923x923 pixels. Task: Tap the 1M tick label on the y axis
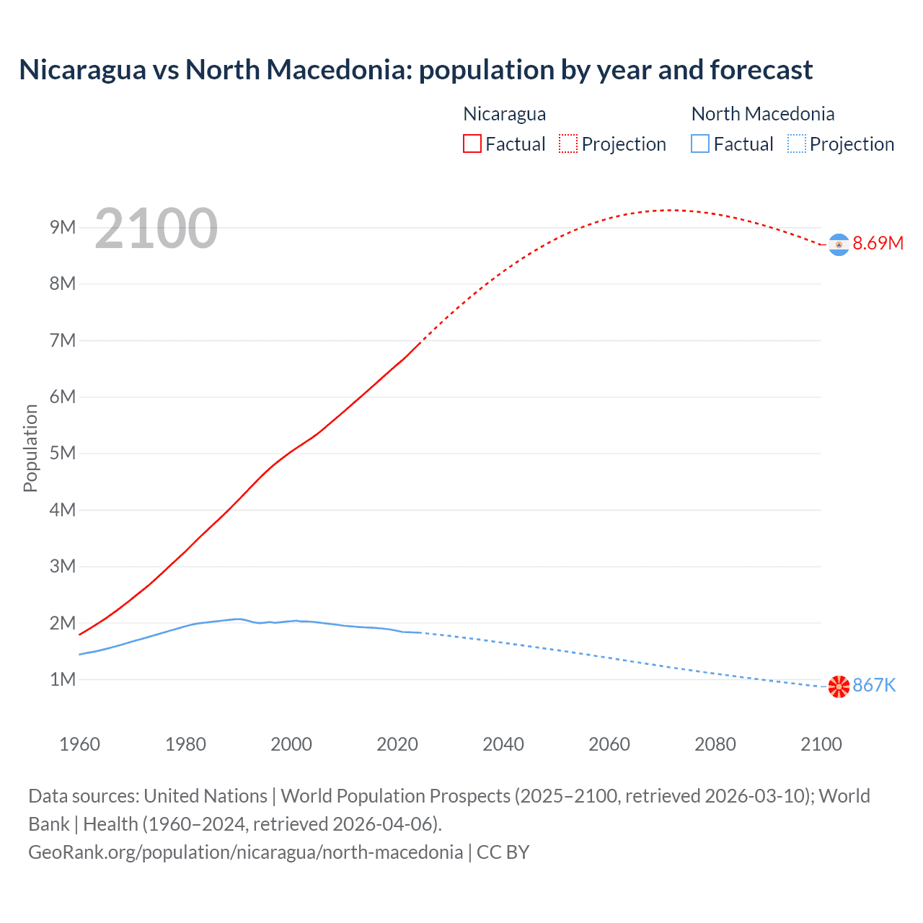(x=63, y=679)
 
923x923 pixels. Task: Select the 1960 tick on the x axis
(x=79, y=744)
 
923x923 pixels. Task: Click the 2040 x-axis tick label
(x=503, y=744)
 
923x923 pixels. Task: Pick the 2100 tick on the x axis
(x=821, y=744)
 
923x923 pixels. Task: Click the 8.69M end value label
(x=878, y=244)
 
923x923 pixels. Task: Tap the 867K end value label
(x=874, y=686)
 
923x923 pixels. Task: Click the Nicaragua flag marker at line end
(x=839, y=245)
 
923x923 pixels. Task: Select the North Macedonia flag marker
(x=839, y=686)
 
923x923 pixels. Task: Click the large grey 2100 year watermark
(x=156, y=229)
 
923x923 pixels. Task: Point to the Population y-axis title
(x=30, y=448)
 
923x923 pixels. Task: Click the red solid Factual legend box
(x=472, y=144)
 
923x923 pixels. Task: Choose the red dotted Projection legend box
(x=568, y=144)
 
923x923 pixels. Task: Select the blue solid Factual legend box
(x=700, y=144)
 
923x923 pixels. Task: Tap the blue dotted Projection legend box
(x=796, y=144)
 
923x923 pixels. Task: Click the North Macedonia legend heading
(x=762, y=114)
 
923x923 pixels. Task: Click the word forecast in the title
(x=761, y=70)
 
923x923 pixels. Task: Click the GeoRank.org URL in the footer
(x=245, y=852)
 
